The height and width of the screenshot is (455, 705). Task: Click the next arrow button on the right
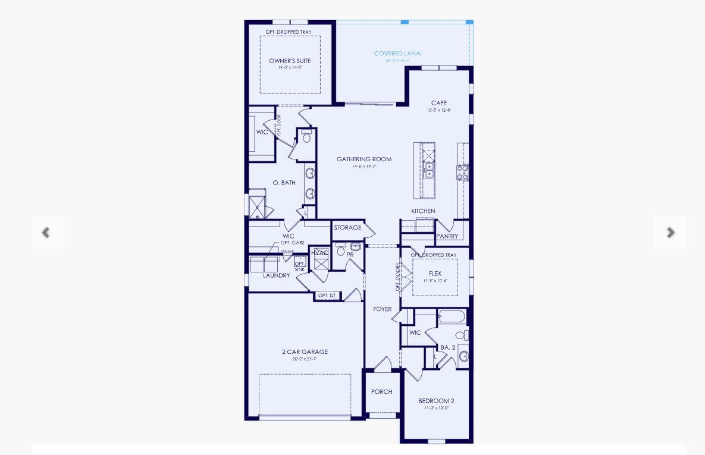pyautogui.click(x=670, y=233)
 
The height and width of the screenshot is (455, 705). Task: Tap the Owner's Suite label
pyautogui.click(x=290, y=61)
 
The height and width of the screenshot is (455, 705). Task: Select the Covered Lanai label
pyautogui.click(x=397, y=54)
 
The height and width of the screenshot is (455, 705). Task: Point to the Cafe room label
pyautogui.click(x=439, y=103)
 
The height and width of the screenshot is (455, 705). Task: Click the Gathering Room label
pyautogui.click(x=364, y=159)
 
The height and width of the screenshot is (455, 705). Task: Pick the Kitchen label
pyautogui.click(x=423, y=211)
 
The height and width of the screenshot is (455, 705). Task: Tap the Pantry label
pyautogui.click(x=447, y=236)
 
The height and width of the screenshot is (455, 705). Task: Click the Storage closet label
pyautogui.click(x=347, y=228)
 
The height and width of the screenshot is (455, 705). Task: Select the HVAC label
pyautogui.click(x=319, y=253)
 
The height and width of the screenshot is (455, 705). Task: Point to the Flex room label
pyautogui.click(x=435, y=274)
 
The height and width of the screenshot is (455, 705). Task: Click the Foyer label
pyautogui.click(x=383, y=309)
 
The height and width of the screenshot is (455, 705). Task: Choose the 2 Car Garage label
pyautogui.click(x=305, y=352)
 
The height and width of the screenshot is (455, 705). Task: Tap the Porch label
pyautogui.click(x=382, y=391)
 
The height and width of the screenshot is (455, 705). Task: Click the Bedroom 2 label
pyautogui.click(x=436, y=401)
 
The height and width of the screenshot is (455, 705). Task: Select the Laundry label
pyautogui.click(x=276, y=275)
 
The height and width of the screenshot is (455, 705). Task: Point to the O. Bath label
pyautogui.click(x=284, y=183)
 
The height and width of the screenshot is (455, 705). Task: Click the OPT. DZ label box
pyautogui.click(x=327, y=296)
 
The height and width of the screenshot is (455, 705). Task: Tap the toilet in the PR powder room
pyautogui.click(x=341, y=250)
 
